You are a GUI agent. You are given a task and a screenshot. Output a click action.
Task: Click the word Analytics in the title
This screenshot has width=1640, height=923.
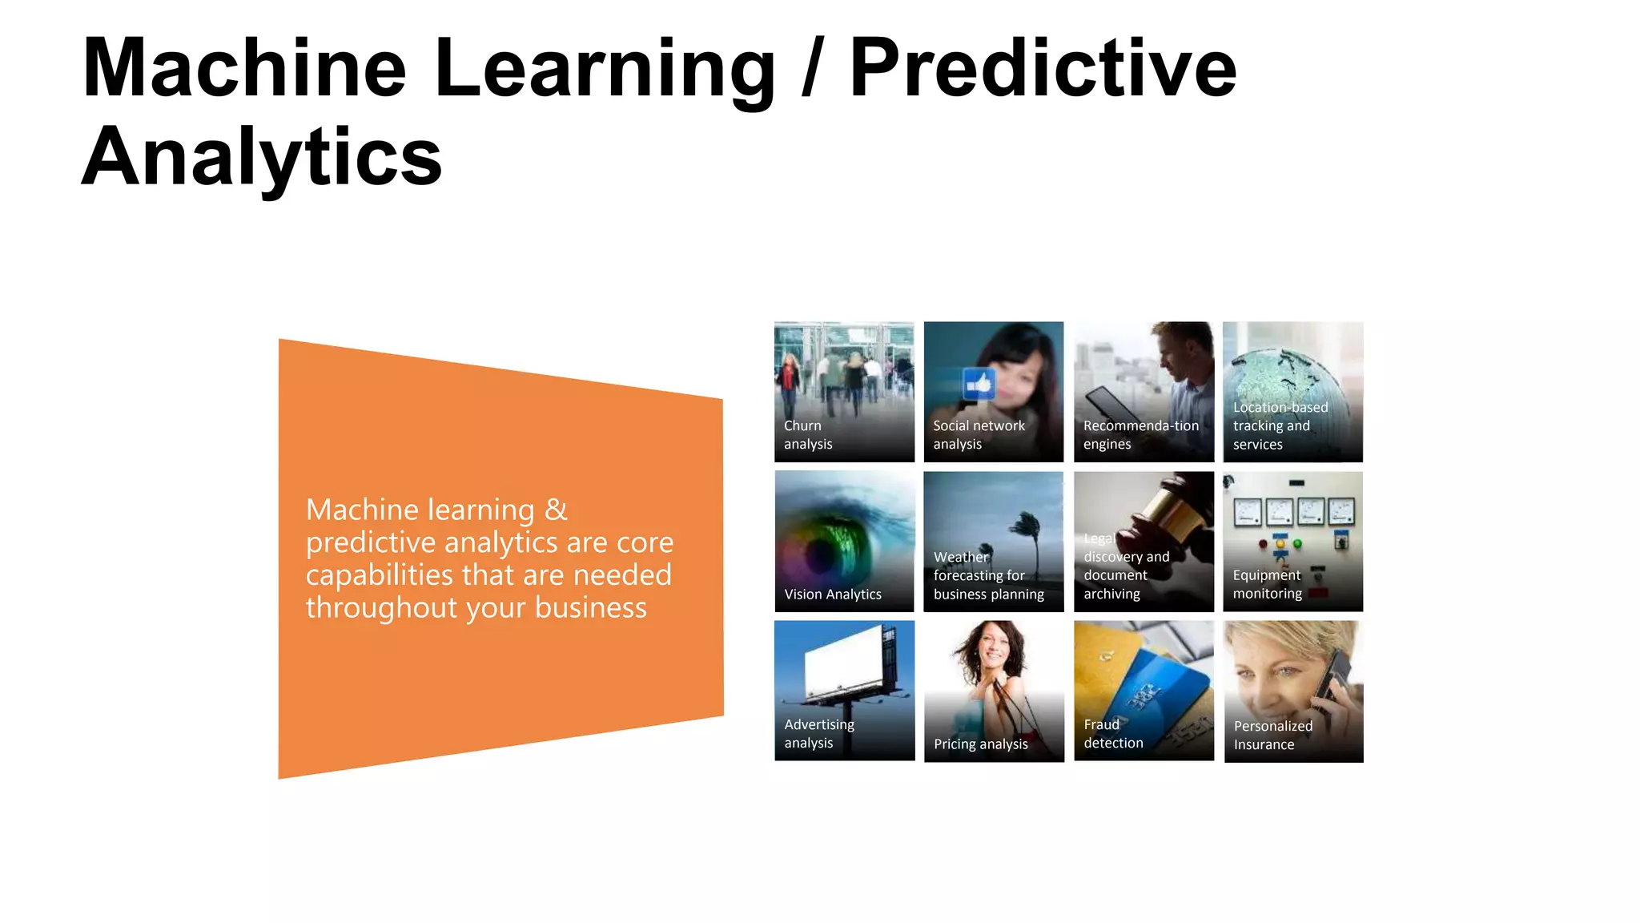pos(262,158)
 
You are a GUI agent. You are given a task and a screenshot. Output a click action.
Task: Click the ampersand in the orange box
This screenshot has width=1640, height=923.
pos(556,510)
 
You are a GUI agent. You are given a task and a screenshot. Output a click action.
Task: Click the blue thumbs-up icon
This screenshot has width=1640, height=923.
pos(978,385)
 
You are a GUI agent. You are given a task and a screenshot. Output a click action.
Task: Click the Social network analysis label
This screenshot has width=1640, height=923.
pos(978,435)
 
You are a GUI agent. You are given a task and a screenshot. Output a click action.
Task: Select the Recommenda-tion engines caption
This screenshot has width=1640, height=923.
pos(1140,435)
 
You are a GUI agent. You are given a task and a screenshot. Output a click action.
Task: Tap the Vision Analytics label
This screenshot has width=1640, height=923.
pos(832,595)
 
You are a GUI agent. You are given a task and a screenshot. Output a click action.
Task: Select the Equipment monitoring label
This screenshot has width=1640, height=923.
pos(1267,584)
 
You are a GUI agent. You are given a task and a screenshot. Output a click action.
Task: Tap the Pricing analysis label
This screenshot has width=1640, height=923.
pos(980,744)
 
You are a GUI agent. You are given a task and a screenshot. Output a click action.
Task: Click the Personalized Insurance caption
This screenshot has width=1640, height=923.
pos(1272,735)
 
